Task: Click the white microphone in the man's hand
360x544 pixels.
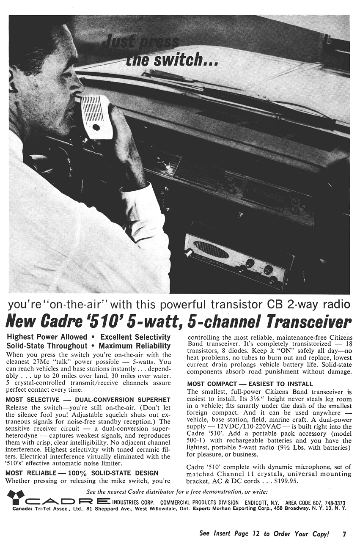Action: [x=97, y=117]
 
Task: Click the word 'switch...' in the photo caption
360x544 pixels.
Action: [x=186, y=61]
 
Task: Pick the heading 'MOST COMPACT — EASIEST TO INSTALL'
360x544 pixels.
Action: [x=250, y=384]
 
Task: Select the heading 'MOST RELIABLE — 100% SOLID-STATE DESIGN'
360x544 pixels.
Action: [x=82, y=473]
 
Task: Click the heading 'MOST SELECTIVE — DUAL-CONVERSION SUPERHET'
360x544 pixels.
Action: [x=88, y=399]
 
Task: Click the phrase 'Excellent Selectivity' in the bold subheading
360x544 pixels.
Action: [x=135, y=337]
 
